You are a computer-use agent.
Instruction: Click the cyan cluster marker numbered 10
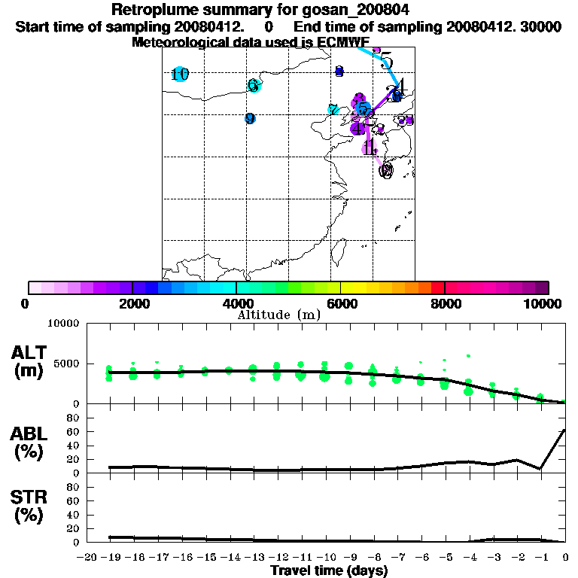tap(179, 74)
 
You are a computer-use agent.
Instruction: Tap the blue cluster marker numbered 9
tap(250, 118)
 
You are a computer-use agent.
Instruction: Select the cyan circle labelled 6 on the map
tap(254, 85)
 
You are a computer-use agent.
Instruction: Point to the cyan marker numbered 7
tap(333, 110)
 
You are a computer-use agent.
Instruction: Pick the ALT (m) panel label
tap(29, 361)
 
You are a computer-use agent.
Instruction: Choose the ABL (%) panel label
tap(29, 444)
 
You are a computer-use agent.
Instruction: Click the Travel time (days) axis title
tap(329, 570)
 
